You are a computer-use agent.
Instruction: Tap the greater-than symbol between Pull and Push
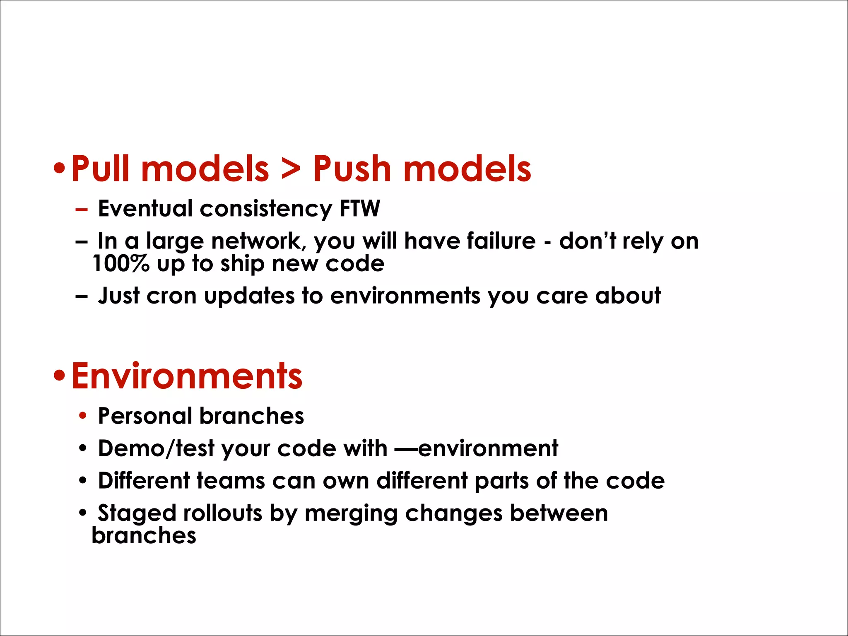click(291, 170)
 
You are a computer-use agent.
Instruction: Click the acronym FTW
click(359, 208)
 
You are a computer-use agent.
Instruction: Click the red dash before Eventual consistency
click(82, 210)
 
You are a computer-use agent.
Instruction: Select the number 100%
click(120, 264)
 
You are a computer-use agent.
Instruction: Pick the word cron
click(171, 296)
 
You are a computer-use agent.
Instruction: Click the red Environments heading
click(187, 376)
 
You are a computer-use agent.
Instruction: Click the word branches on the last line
click(144, 535)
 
